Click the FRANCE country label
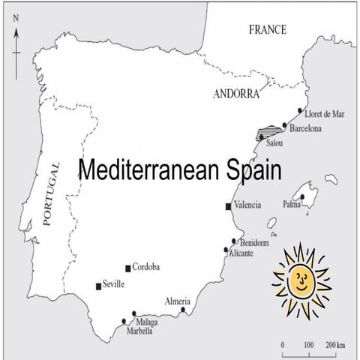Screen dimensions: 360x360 [268, 30]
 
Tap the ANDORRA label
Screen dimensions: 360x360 [235, 94]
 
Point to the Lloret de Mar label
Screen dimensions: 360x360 [328, 115]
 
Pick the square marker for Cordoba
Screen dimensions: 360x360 [127, 268]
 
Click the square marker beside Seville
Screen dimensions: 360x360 [97, 286]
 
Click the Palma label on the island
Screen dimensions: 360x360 [292, 203]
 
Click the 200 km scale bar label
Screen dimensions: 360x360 [335, 345]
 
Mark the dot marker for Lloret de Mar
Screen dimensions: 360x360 [300, 111]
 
